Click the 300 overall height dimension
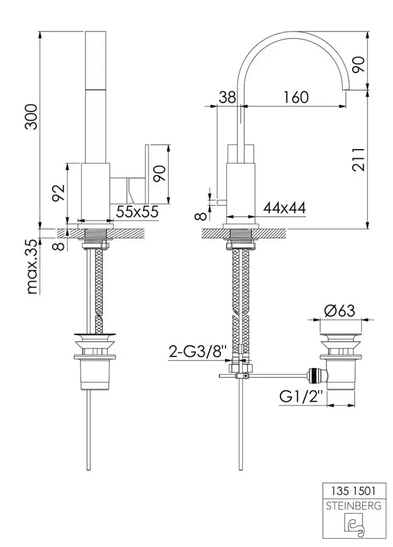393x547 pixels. (32, 116)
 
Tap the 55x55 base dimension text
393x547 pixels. (137, 211)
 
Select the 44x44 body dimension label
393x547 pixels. (284, 208)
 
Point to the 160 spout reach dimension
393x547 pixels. (296, 97)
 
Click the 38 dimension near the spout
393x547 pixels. (227, 97)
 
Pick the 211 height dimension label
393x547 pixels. (358, 160)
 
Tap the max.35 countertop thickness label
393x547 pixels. (32, 267)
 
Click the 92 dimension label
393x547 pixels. (58, 193)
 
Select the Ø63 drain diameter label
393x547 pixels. (340, 310)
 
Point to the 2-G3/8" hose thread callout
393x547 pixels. (198, 351)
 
